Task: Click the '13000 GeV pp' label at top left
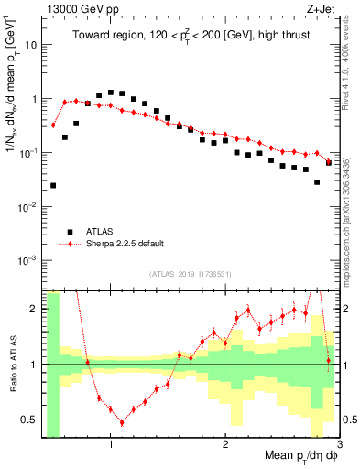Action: point(75,8)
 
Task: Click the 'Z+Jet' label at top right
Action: point(322,8)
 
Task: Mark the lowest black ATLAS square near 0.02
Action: point(53,185)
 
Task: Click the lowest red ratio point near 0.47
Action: point(122,422)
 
